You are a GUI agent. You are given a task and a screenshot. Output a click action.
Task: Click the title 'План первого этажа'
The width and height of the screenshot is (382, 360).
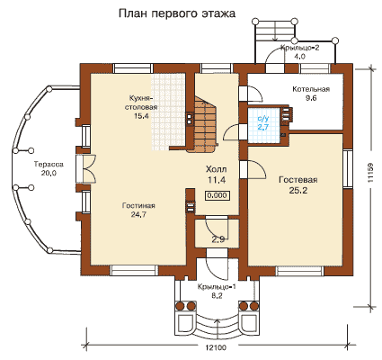point(177,14)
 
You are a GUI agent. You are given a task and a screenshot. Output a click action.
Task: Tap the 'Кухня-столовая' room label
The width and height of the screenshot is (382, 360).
point(141,103)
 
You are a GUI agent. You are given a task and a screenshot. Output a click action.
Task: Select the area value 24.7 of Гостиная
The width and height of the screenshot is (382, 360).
point(138,214)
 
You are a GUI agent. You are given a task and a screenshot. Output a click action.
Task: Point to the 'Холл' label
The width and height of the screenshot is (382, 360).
point(216,169)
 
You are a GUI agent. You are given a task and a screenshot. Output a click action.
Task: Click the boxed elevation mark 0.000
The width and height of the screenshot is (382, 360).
point(218,195)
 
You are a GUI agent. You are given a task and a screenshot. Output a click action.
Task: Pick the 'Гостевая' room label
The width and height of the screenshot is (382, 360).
point(298,180)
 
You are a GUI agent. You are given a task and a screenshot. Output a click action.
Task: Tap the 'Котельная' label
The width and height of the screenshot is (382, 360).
point(311,89)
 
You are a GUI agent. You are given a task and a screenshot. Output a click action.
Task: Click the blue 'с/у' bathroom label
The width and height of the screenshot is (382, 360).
point(263,119)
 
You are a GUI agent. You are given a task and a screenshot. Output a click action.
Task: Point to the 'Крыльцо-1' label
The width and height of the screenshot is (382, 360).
point(217,287)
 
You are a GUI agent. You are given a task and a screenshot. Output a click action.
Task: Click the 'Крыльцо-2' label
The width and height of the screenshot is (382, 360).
point(300,48)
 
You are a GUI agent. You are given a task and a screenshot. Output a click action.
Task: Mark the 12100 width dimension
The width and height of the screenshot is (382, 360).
point(216,347)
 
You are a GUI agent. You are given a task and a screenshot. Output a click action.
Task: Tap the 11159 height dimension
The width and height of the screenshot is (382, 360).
point(370,173)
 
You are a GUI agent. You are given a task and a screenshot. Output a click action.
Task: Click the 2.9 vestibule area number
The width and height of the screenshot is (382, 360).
point(218,240)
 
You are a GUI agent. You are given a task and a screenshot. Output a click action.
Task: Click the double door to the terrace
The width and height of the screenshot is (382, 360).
point(85,168)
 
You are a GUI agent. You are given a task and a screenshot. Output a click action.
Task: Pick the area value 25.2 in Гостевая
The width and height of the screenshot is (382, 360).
point(298,191)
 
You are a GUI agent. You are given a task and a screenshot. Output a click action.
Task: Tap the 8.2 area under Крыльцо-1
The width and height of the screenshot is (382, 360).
point(217,296)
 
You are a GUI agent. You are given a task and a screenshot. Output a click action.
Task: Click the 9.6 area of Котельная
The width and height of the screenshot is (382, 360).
point(311,98)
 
